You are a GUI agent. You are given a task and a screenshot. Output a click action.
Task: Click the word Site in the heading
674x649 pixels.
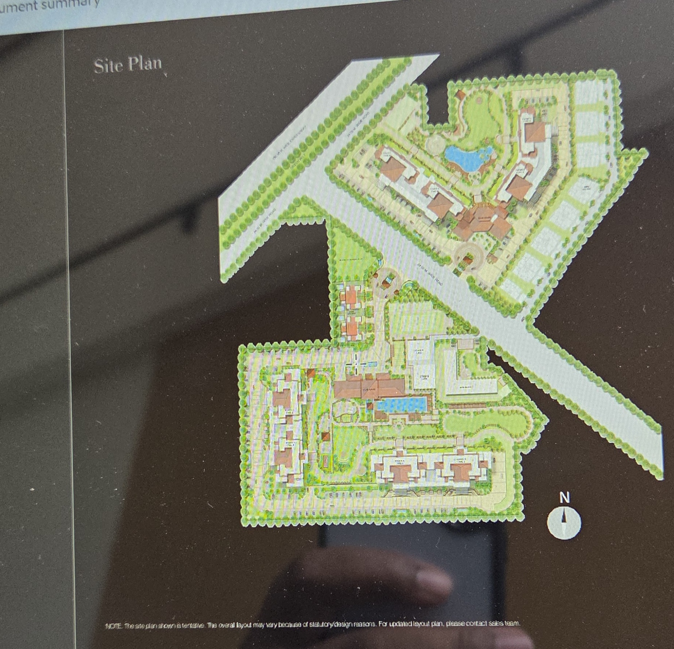pos(109,66)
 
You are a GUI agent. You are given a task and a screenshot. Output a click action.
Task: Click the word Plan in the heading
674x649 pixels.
pos(144,64)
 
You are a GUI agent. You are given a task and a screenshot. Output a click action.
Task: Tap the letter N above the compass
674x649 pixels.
pos(564,497)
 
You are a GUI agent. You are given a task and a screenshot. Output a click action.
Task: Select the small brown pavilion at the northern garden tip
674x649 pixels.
pos(460,95)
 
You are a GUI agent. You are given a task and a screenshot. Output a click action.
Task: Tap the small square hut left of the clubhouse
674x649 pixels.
pos(311,373)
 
